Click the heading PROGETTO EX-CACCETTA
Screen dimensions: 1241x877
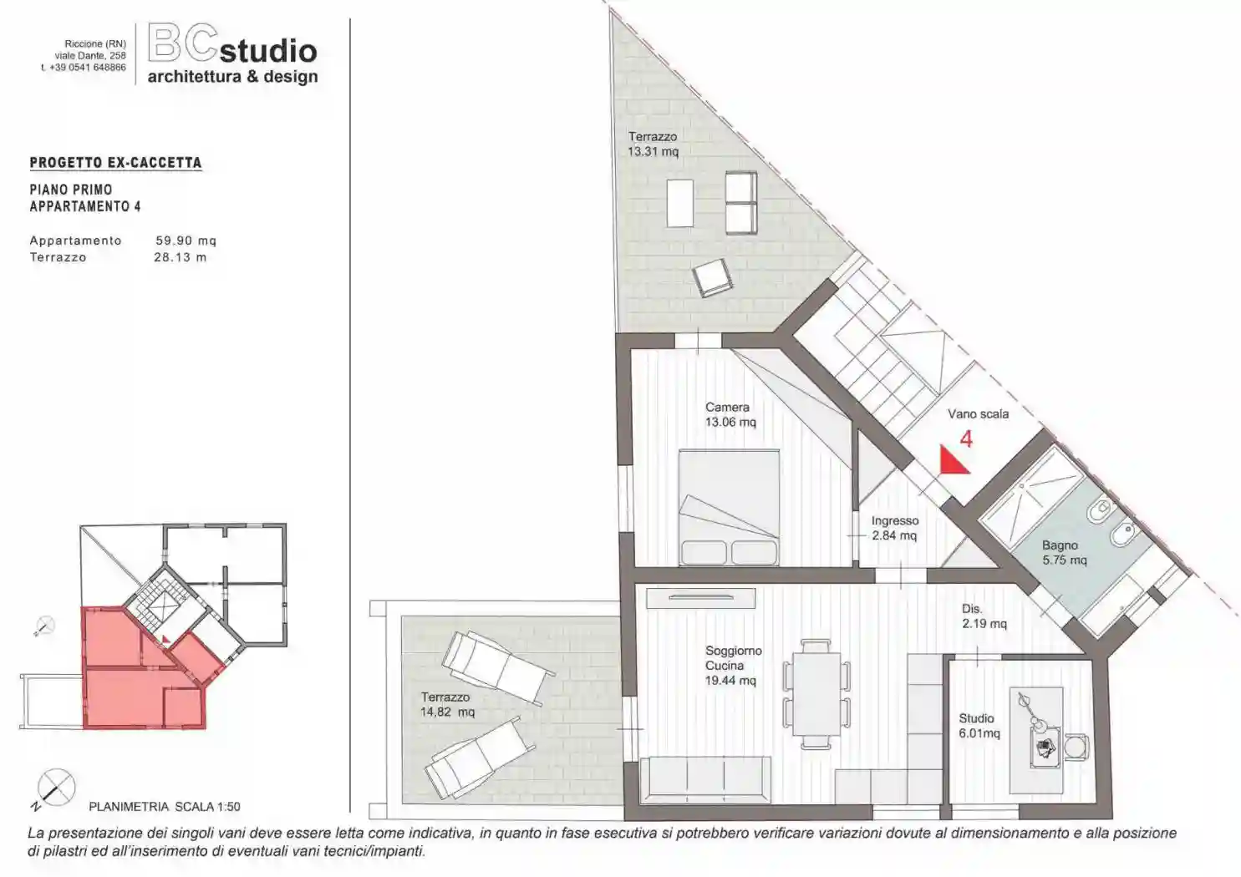pyautogui.click(x=116, y=163)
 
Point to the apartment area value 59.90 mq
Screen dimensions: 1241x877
pyautogui.click(x=186, y=241)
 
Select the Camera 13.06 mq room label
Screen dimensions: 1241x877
pyautogui.click(x=730, y=414)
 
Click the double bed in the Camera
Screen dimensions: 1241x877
pyautogui.click(x=729, y=507)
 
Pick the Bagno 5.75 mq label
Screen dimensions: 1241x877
pyautogui.click(x=1065, y=553)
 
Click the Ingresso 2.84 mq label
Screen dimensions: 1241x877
pyautogui.click(x=895, y=528)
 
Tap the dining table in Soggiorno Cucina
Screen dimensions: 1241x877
pyautogui.click(x=816, y=694)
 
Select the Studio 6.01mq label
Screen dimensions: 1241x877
pyautogui.click(x=979, y=726)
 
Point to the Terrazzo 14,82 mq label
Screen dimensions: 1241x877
pyautogui.click(x=448, y=705)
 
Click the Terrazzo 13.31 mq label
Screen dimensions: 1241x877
pyautogui.click(x=653, y=144)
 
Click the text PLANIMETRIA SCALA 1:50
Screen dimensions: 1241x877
pyautogui.click(x=165, y=807)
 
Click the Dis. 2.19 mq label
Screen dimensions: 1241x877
pyautogui.click(x=984, y=616)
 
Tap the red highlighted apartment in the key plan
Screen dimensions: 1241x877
pyautogui.click(x=143, y=677)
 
